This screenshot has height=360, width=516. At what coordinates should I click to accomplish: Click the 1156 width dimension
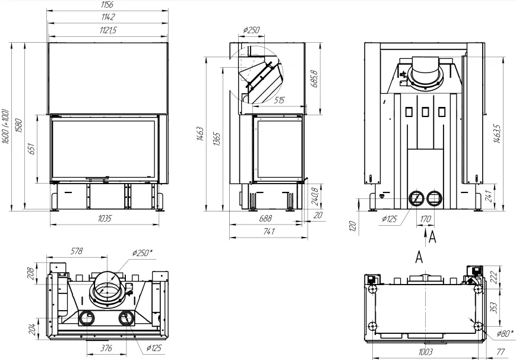pyautogui.click(x=107, y=5)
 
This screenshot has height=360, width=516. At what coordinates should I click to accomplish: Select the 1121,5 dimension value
pyautogui.click(x=108, y=30)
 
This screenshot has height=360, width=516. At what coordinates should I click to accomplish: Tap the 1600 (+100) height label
pyautogui.click(x=5, y=126)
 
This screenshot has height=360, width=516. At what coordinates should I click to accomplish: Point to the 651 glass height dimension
pyautogui.click(x=31, y=149)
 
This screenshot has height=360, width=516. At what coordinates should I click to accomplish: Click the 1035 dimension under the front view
pyautogui.click(x=105, y=218)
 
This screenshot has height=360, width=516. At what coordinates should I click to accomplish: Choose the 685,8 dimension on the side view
pyautogui.click(x=314, y=79)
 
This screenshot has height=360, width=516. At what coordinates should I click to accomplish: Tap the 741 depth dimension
pyautogui.click(x=269, y=231)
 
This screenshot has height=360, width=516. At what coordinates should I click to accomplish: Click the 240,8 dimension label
pyautogui.click(x=315, y=197)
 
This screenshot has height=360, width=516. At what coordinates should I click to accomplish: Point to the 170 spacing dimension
pyautogui.click(x=426, y=219)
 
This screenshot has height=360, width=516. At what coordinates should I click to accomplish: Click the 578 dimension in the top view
pyautogui.click(x=77, y=251)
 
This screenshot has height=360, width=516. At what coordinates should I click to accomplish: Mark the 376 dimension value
pyautogui.click(x=106, y=348)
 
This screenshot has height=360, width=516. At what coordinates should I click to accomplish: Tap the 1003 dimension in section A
pyautogui.click(x=425, y=352)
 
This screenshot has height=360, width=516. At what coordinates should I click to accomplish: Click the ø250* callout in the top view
pyautogui.click(x=143, y=253)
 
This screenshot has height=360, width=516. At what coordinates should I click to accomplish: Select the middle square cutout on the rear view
pyautogui.click(x=425, y=112)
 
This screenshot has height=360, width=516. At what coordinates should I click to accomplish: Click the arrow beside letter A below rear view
pyautogui.click(x=426, y=238)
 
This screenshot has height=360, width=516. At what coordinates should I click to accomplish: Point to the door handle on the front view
pyautogui.click(x=97, y=178)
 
